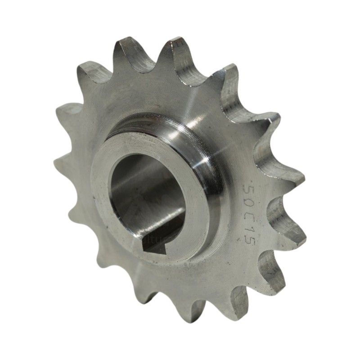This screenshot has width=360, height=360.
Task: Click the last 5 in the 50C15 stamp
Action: (251, 240)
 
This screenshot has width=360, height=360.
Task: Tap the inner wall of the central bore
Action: (135, 189)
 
